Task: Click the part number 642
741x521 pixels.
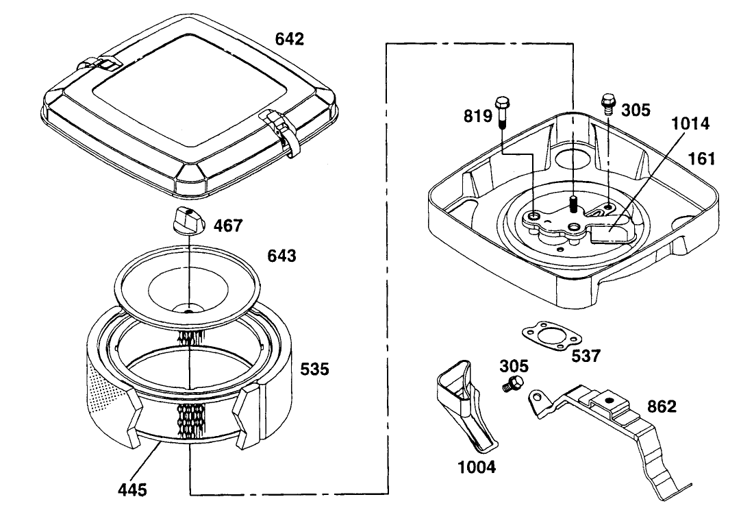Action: [x=290, y=39]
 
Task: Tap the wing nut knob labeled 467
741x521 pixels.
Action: [x=189, y=219]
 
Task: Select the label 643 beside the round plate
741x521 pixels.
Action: [x=281, y=256]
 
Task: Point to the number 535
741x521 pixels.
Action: [x=315, y=369]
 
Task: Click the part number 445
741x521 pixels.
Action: [x=132, y=489]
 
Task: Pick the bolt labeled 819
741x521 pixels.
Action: [x=502, y=112]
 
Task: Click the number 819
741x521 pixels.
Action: [x=478, y=116]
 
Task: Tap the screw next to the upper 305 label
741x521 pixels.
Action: [x=607, y=104]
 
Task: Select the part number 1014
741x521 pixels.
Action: [x=690, y=123]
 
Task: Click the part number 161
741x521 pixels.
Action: [x=702, y=158]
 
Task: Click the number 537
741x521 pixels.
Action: [x=586, y=355]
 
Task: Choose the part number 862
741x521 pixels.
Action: [x=662, y=406]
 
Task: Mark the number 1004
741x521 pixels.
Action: [x=477, y=467]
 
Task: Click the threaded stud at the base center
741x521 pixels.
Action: [x=573, y=204]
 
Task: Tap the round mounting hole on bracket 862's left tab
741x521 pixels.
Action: [x=536, y=396]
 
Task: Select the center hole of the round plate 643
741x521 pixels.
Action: [x=188, y=310]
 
